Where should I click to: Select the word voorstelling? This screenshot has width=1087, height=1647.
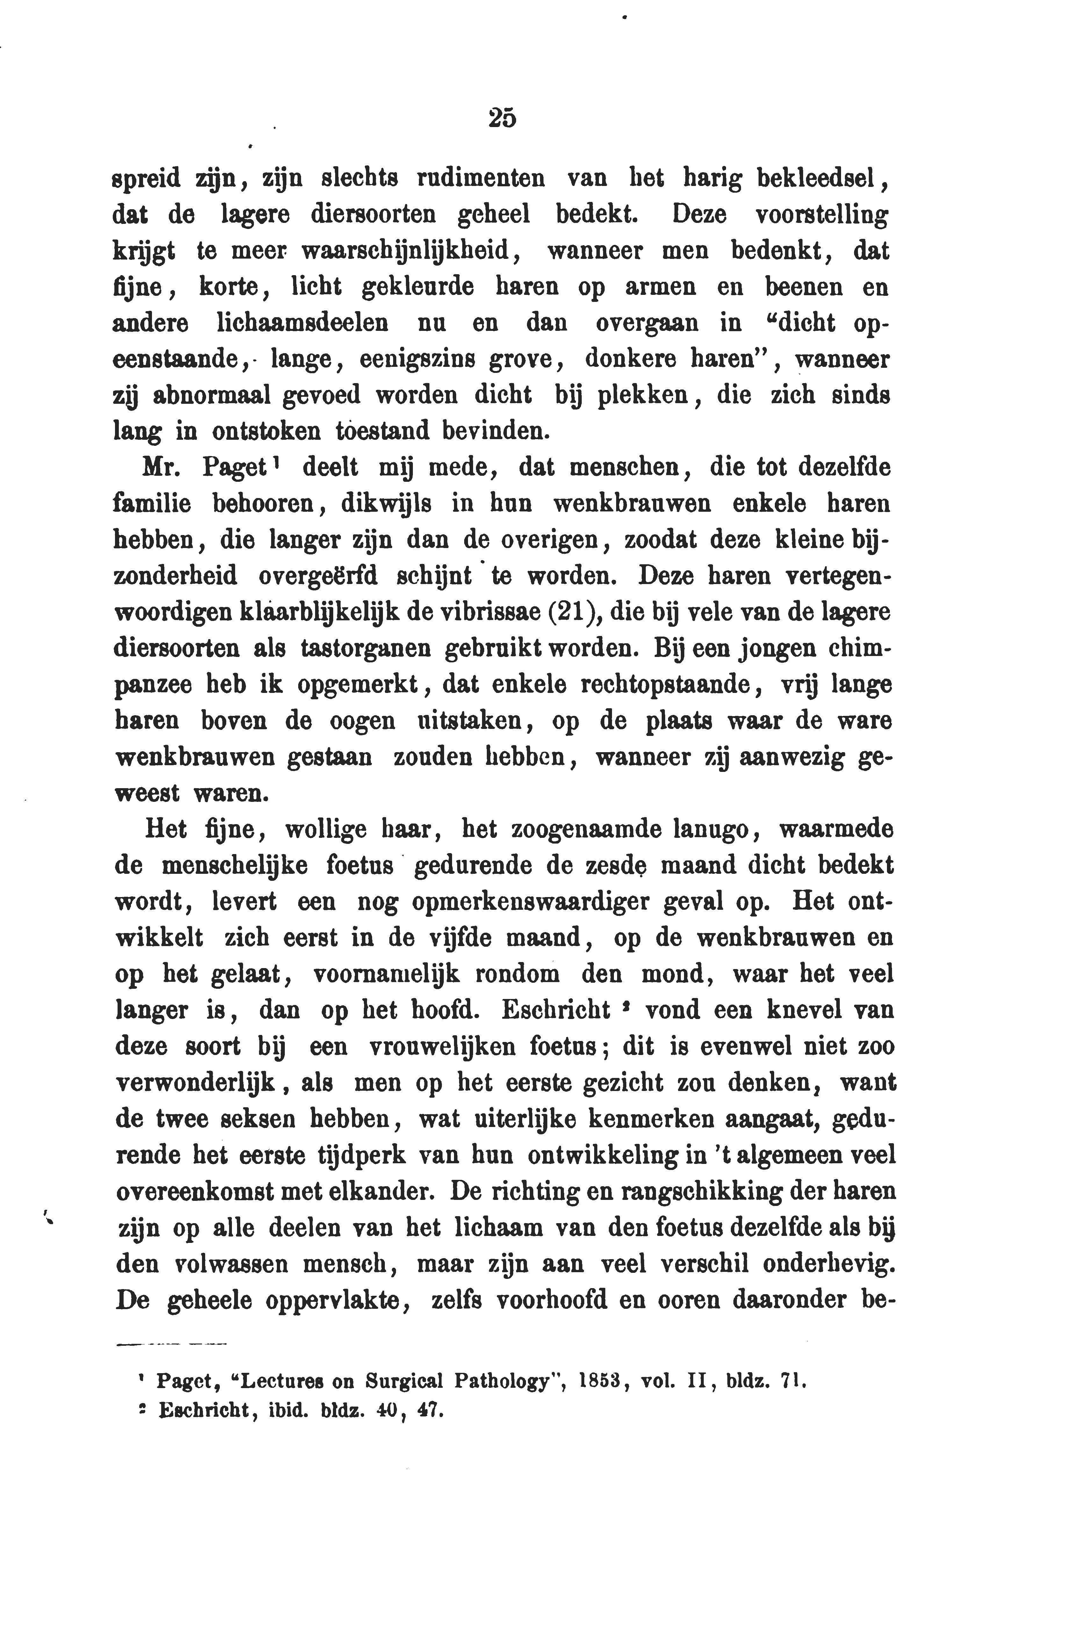pyautogui.click(x=821, y=215)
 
